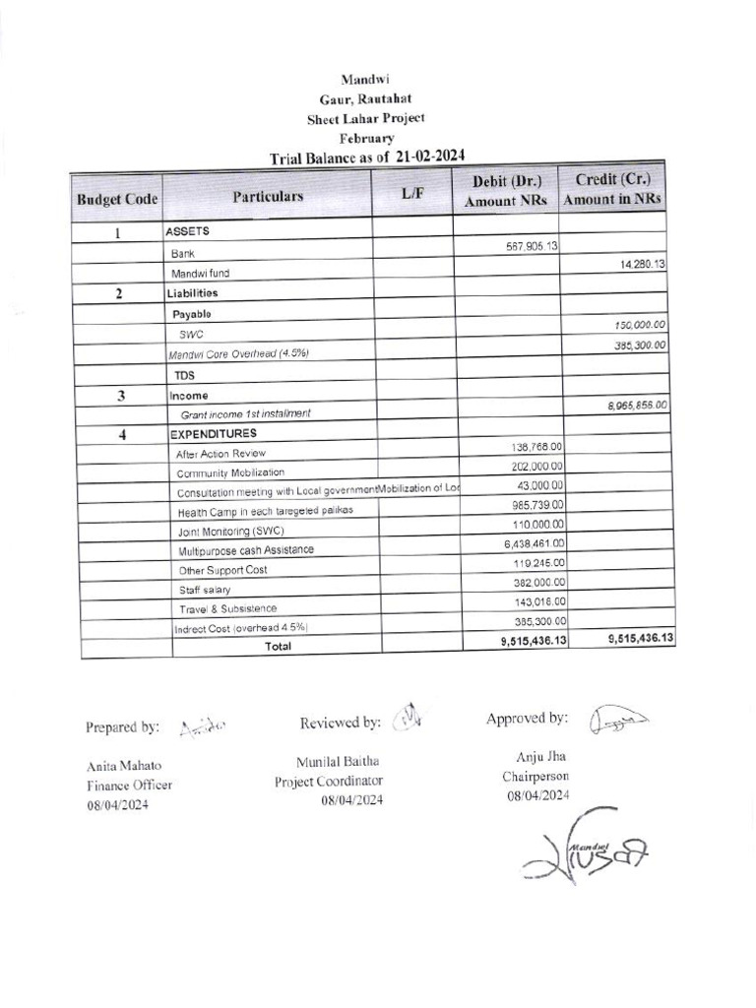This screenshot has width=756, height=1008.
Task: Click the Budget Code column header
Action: [117, 199]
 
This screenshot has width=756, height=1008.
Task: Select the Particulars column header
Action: [268, 196]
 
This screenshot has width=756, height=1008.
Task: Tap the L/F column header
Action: [412, 193]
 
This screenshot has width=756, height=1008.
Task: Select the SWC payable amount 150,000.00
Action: [633, 325]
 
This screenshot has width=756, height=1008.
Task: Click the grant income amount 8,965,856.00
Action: [632, 405]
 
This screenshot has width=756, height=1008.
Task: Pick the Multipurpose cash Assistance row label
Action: [246, 550]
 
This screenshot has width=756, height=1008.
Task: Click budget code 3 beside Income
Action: [120, 397]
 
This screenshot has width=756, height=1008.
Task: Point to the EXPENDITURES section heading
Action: [214, 434]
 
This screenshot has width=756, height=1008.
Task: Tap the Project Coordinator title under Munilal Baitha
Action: [329, 781]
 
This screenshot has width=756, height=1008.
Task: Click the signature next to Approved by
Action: [619, 722]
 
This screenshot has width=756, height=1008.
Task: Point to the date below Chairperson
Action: [538, 794]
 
